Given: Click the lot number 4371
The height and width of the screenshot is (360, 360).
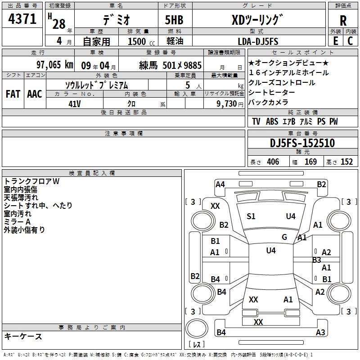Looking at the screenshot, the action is tap(22, 19).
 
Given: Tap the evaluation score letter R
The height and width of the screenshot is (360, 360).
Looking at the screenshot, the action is tap(343, 21).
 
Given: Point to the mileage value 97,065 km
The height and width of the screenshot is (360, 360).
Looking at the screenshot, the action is tap(55, 65).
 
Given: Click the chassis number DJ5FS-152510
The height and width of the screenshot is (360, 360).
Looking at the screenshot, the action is tap(302, 143).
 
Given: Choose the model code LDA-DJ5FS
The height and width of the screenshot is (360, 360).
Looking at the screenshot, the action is tap(258, 41).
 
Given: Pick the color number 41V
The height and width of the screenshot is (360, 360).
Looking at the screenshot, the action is tap(75, 104).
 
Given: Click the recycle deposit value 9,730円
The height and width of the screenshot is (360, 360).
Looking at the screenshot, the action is tap(230, 104).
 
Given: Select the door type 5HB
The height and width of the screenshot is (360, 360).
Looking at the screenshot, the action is tap(174, 20).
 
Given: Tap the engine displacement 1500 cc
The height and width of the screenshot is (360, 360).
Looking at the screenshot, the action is tap(141, 41).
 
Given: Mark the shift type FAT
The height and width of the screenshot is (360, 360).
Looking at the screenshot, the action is tap(13, 94).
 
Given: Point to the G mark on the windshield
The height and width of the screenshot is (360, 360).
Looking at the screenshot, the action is tap(284, 237).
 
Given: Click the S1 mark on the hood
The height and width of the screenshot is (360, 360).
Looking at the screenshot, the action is tap(251, 216).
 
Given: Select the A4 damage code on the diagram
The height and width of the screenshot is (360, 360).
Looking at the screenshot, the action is tap(220, 184).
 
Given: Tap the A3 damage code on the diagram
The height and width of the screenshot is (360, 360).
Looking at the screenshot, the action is tap(320, 332).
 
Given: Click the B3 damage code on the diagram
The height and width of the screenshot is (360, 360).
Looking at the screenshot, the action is tap(317, 260).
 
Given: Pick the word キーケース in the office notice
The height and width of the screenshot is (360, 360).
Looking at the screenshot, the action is tap(23, 337).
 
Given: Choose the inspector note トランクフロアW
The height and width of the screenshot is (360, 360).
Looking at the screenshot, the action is tap(31, 181).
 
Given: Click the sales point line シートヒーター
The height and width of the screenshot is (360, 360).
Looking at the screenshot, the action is tap(272, 92).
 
